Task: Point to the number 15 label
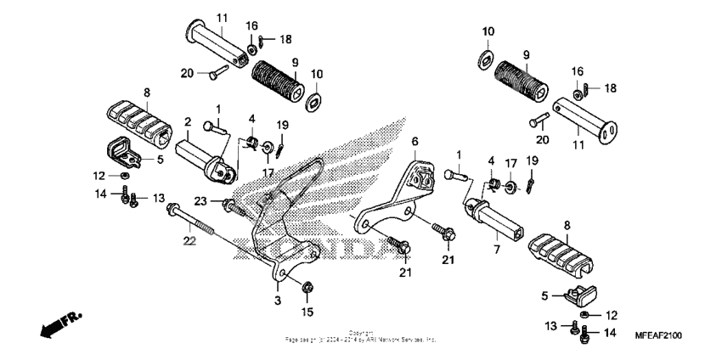tap(307, 310)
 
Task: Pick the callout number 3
tap(277, 300)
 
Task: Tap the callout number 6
tap(415, 141)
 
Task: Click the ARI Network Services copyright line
tap(361, 339)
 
